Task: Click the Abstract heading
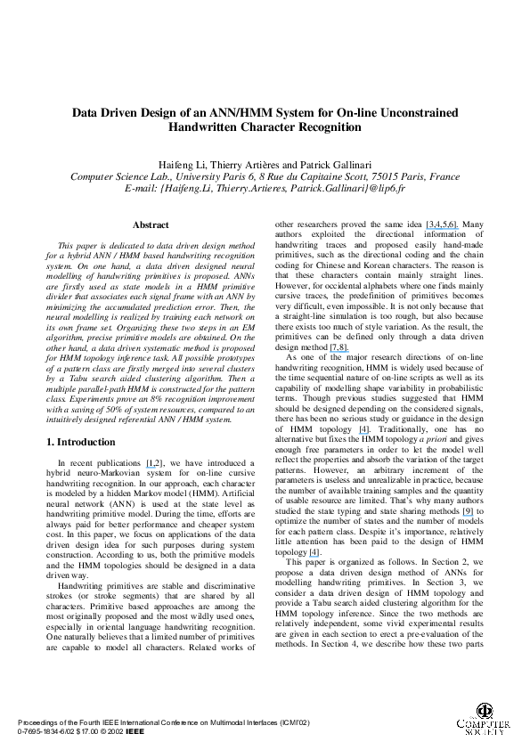click(x=151, y=225)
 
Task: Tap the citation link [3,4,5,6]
click(x=443, y=225)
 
